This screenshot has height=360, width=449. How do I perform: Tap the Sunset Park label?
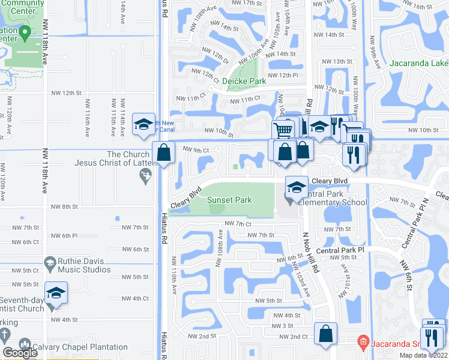[229, 200]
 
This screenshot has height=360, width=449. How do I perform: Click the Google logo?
[20, 353]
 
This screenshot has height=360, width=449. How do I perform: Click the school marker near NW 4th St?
[56, 293]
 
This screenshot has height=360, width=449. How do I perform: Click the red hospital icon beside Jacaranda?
[362, 343]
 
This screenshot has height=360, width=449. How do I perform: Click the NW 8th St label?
[65, 206]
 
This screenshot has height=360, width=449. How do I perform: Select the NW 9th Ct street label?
[196, 150]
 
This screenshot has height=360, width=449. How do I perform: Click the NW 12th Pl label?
[283, 75]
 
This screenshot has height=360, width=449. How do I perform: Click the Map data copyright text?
[423, 355]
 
